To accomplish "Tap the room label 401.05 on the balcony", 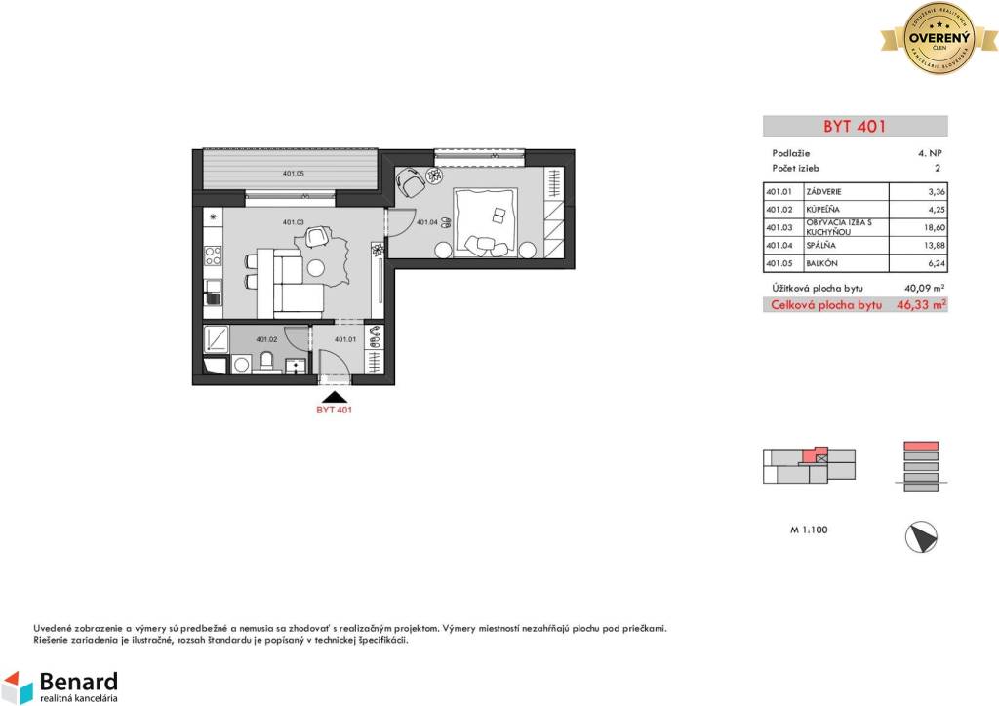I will (293, 174).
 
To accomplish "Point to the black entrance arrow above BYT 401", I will (334, 396).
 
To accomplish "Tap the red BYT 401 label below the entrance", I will (334, 411).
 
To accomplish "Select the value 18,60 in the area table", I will (935, 227).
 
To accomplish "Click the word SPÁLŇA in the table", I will (819, 246).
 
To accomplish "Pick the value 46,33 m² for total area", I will (924, 305).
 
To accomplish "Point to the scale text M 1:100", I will (809, 530).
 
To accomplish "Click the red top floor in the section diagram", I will (920, 446).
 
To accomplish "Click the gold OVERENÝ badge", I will (939, 38).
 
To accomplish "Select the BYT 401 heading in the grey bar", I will (855, 126).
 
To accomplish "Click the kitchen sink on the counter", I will (212, 288).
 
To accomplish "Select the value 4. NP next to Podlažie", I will (929, 153).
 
